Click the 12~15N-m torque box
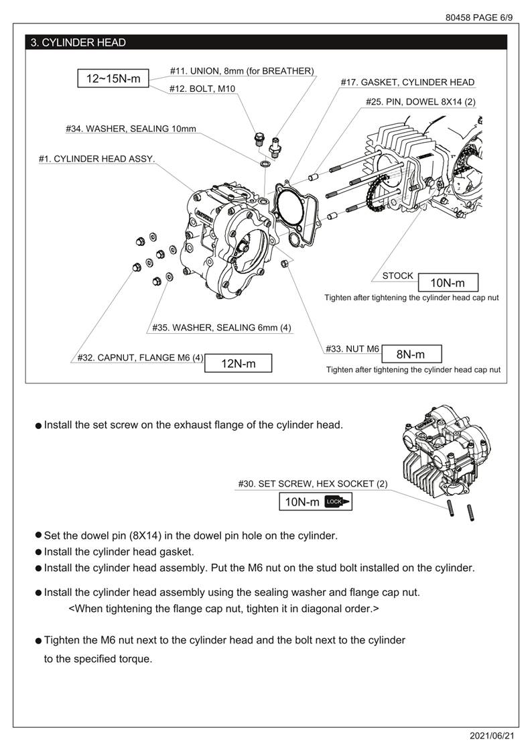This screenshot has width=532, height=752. tap(113, 78)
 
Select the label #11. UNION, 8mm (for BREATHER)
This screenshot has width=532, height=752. tap(241, 70)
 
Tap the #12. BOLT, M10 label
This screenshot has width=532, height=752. tap(202, 88)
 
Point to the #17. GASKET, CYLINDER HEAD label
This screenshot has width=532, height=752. tap(407, 82)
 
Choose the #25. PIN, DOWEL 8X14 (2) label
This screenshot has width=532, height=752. tap(420, 102)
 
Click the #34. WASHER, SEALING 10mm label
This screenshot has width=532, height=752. tap(131, 128)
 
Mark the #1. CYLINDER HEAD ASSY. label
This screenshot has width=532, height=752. tap(96, 159)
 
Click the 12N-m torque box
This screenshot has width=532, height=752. tap(239, 363)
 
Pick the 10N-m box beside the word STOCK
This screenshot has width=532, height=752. tap(447, 283)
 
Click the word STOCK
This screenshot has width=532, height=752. tap(398, 276)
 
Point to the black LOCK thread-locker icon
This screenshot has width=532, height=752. tap(337, 501)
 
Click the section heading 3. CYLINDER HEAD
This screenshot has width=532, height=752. tap(78, 43)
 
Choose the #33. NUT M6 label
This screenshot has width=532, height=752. tap(352, 349)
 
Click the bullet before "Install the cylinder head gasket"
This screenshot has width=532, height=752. tap(38, 552)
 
